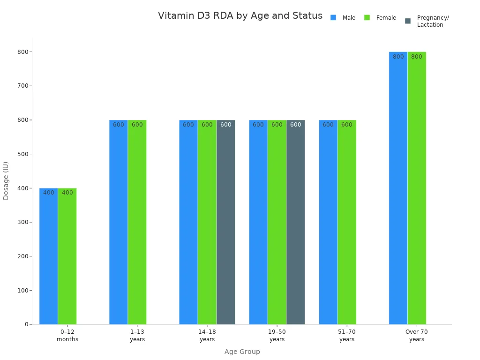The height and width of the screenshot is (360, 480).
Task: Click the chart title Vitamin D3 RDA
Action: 240,16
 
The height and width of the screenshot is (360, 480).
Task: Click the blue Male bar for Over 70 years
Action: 398,188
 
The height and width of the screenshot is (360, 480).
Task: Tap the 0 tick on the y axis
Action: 27,324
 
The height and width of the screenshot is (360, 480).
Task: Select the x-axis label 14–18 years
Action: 207,336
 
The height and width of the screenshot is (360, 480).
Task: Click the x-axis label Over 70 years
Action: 416,336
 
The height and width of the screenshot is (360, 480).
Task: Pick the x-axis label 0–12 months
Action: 67,336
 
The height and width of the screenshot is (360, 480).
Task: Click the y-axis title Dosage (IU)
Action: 6,180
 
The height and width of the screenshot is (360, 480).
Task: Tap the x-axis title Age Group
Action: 242,352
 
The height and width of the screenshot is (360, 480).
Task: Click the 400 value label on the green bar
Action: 67,193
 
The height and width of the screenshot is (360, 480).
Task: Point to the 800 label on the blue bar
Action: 398,57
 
